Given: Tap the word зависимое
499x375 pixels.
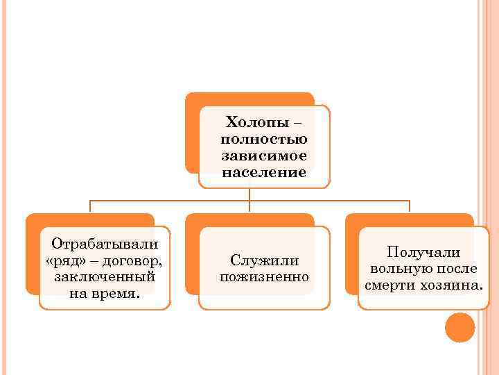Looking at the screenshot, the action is coord(264,155).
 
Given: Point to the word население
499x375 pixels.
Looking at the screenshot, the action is coord(264,172).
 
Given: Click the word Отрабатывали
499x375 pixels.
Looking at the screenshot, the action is coord(105,244).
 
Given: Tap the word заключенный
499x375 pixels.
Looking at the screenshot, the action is coord(105,276).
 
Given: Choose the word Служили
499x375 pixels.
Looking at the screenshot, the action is coord(264,260).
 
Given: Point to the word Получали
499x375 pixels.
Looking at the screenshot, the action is coord(423,253).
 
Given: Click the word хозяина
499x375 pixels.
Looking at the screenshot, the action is coord(451,285).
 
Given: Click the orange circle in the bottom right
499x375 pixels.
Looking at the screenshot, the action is coord(459,327).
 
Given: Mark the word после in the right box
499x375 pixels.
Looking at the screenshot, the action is coord(457,269).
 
